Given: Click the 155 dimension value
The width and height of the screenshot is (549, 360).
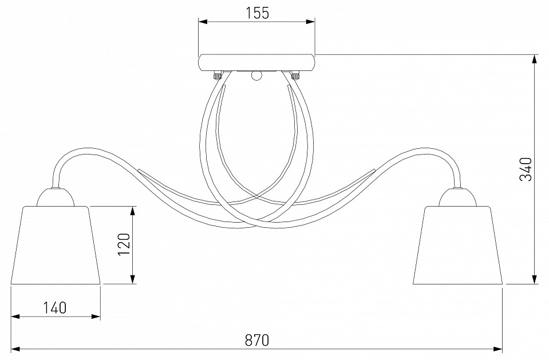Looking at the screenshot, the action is (257, 13).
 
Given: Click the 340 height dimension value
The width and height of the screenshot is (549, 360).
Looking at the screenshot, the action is (526, 169).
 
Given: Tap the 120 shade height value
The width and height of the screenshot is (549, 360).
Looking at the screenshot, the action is (124, 244).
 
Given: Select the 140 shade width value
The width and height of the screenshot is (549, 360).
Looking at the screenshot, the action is (54, 308).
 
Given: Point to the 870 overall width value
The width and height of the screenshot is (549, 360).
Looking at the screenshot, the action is (257, 340).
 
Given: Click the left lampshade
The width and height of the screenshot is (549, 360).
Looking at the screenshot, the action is (56, 245).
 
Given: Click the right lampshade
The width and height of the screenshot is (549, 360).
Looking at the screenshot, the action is (458, 245).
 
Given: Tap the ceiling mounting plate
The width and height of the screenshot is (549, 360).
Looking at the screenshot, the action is (256, 63).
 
